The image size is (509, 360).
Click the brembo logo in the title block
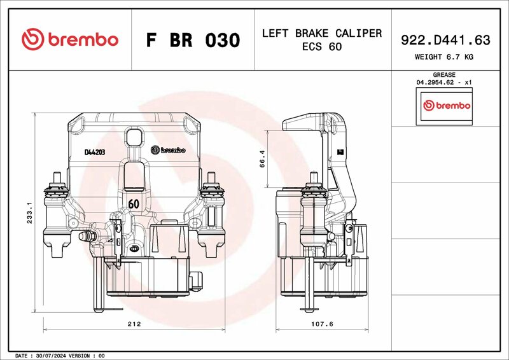pyautogui.click(x=70, y=39)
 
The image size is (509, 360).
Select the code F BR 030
pyautogui.click(x=193, y=40)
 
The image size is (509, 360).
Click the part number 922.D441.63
pyautogui.click(x=445, y=40)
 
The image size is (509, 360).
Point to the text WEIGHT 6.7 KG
pyautogui.click(x=444, y=57)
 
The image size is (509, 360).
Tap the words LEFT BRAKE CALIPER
pyautogui.click(x=322, y=33)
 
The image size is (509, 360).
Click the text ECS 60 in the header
pyautogui.click(x=322, y=46)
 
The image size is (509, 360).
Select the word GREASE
pyautogui.click(x=444, y=74)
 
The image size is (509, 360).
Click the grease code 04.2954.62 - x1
pyautogui.click(x=444, y=83)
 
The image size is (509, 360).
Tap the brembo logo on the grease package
pyautogui.click(x=447, y=106)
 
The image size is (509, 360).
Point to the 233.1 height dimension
pyautogui.click(x=29, y=212)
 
